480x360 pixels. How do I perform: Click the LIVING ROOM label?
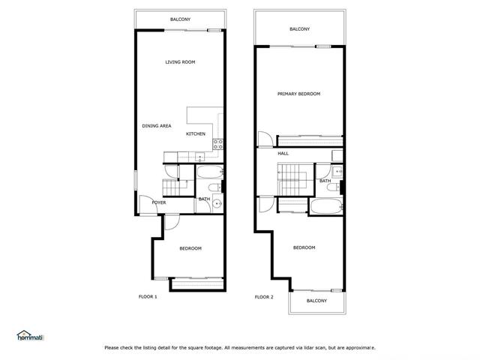180,62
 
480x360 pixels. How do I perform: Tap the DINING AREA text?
157,126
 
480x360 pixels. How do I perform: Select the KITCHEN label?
196,134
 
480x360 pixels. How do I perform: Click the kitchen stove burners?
217,144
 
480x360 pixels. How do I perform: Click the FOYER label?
159,202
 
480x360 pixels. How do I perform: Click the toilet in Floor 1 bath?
214,187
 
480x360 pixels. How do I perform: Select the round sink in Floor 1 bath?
217,202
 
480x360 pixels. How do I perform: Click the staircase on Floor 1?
172,187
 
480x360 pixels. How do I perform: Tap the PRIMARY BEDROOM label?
298,94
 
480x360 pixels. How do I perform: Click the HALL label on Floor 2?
283,154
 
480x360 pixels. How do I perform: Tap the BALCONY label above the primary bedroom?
299,29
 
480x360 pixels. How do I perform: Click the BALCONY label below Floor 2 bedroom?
316,301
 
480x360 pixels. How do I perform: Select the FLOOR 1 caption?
148,297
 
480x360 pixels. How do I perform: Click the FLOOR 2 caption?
264,297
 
